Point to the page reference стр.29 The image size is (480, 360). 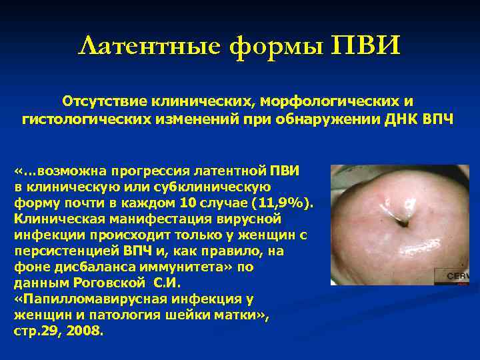click(x=37, y=331)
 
